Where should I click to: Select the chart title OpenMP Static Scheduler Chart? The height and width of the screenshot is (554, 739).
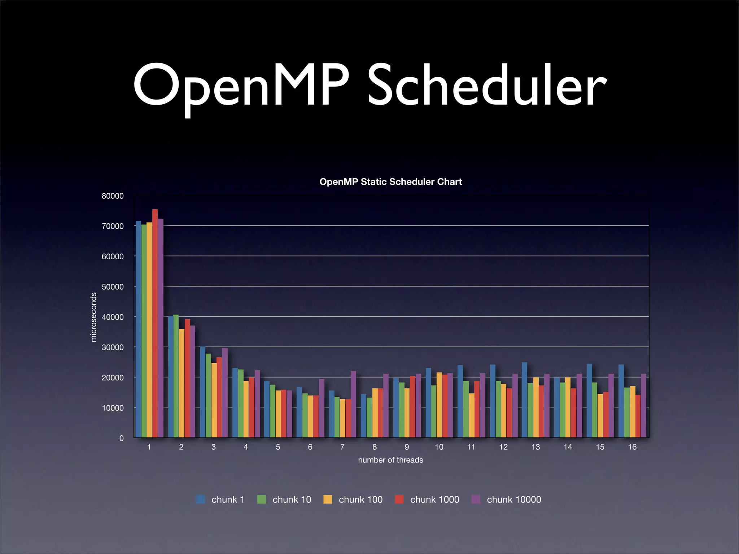tap(390, 182)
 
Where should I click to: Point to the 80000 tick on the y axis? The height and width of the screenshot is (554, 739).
tap(113, 196)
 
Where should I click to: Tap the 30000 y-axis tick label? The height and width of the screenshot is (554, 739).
tap(113, 347)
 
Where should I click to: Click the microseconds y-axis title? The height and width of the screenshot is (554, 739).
tap(93, 317)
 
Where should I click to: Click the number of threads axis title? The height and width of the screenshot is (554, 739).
tap(390, 460)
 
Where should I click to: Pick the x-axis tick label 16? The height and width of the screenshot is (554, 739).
tap(632, 447)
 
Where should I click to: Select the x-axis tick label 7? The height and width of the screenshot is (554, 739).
tap(342, 447)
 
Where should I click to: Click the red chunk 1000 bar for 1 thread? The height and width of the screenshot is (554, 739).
tap(155, 325)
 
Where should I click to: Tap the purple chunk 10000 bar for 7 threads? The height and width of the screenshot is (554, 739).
tap(353, 404)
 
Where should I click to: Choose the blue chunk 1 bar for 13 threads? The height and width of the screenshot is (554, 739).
tap(524, 400)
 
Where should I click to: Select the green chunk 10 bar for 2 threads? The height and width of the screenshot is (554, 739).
tap(176, 375)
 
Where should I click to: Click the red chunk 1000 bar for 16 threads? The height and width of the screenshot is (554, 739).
tap(638, 416)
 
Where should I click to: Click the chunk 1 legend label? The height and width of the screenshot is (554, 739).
tap(228, 500)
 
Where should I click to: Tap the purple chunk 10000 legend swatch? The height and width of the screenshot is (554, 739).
tap(476, 500)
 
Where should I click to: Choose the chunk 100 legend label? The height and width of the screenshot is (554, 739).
tap(360, 500)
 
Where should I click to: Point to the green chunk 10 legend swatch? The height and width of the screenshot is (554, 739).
tap(262, 500)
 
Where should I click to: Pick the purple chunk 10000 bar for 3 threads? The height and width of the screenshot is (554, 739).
tap(225, 393)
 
